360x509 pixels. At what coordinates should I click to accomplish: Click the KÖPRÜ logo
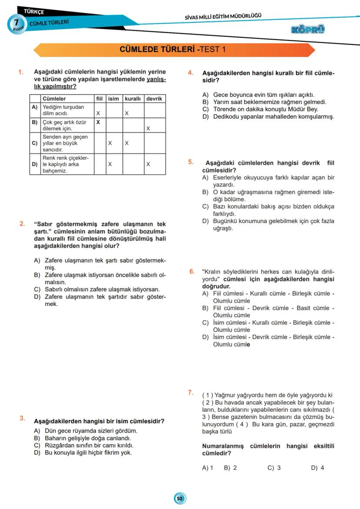pyautogui.click(x=309, y=30)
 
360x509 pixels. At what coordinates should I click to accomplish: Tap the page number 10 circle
pyautogui.click(x=180, y=498)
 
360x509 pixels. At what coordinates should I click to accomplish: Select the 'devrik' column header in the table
pyautogui.click(x=154, y=99)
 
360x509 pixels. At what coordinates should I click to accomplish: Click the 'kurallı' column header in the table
pyautogui.click(x=133, y=99)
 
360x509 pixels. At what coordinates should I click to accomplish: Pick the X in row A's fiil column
pyautogui.click(x=98, y=113)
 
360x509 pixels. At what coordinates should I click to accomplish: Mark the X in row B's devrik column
pyautogui.click(x=148, y=129)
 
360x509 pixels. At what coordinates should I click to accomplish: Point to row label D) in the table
pyautogui.click(x=35, y=164)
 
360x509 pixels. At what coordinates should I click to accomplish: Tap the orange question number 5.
pyautogui.click(x=191, y=162)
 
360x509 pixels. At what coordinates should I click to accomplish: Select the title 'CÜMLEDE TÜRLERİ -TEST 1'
pyautogui.click(x=173, y=50)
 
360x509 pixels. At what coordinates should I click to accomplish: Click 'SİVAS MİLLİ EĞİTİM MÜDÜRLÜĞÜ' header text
pyautogui.click(x=223, y=17)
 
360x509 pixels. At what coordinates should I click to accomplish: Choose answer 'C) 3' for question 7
pyautogui.click(x=274, y=468)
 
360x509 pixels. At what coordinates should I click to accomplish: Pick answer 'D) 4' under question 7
pyautogui.click(x=317, y=468)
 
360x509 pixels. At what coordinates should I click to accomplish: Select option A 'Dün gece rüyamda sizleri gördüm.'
pyautogui.click(x=86, y=431)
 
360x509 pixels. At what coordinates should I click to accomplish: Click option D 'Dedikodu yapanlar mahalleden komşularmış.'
pyautogui.click(x=268, y=116)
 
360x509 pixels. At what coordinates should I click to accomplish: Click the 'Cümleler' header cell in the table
pyautogui.click(x=54, y=99)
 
